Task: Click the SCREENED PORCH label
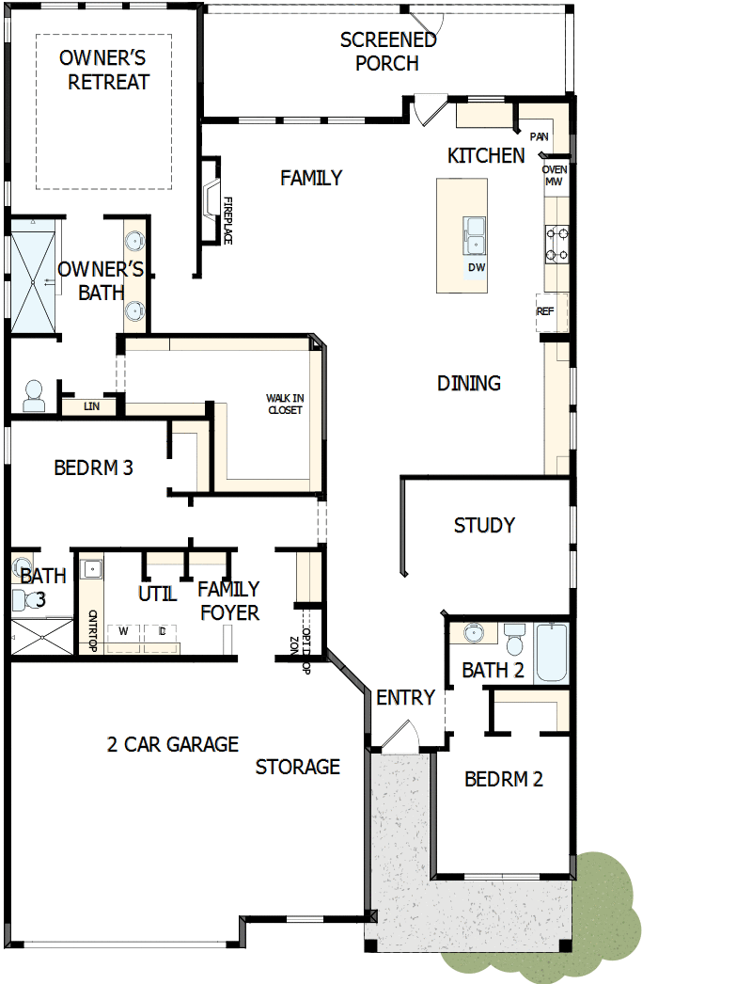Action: point(388,52)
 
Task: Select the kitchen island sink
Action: point(475,234)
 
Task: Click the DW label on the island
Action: point(477,267)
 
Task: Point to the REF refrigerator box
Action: point(546,311)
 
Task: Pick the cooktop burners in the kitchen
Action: point(556,243)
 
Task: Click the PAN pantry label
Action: point(539,137)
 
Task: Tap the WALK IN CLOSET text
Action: point(285,405)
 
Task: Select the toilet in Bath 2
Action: point(514,640)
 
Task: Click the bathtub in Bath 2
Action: point(552,654)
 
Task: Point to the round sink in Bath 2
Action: point(475,633)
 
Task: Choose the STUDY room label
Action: point(484,525)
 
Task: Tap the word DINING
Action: point(469,383)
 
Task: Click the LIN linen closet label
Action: point(91,406)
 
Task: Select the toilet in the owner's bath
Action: point(34,395)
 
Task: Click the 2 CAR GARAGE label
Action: point(173,744)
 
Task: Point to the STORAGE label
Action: point(298,767)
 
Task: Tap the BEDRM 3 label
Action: point(93,468)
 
